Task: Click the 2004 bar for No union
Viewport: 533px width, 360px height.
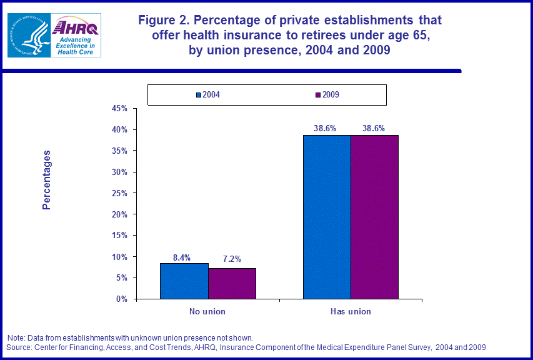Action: (x=184, y=281)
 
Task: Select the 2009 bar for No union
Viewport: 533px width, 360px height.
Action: (x=232, y=284)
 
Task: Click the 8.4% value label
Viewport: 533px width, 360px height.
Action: (x=182, y=257)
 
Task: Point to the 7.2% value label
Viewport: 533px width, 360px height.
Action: (x=232, y=259)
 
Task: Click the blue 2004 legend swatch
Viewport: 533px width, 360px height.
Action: (x=198, y=95)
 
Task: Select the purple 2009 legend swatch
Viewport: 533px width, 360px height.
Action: (x=318, y=95)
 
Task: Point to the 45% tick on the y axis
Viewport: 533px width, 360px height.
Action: (x=119, y=109)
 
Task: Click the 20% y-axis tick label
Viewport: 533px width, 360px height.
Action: (x=119, y=214)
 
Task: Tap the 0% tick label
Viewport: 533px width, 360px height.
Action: (x=122, y=299)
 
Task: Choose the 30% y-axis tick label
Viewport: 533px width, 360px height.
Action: (x=119, y=172)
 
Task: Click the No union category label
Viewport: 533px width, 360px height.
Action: (x=207, y=311)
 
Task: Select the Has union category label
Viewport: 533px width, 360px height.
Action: (x=351, y=311)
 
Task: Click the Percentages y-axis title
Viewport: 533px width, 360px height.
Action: (x=47, y=180)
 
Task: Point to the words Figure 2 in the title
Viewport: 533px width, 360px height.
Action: (x=164, y=21)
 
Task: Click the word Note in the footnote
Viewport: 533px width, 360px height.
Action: (x=16, y=338)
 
